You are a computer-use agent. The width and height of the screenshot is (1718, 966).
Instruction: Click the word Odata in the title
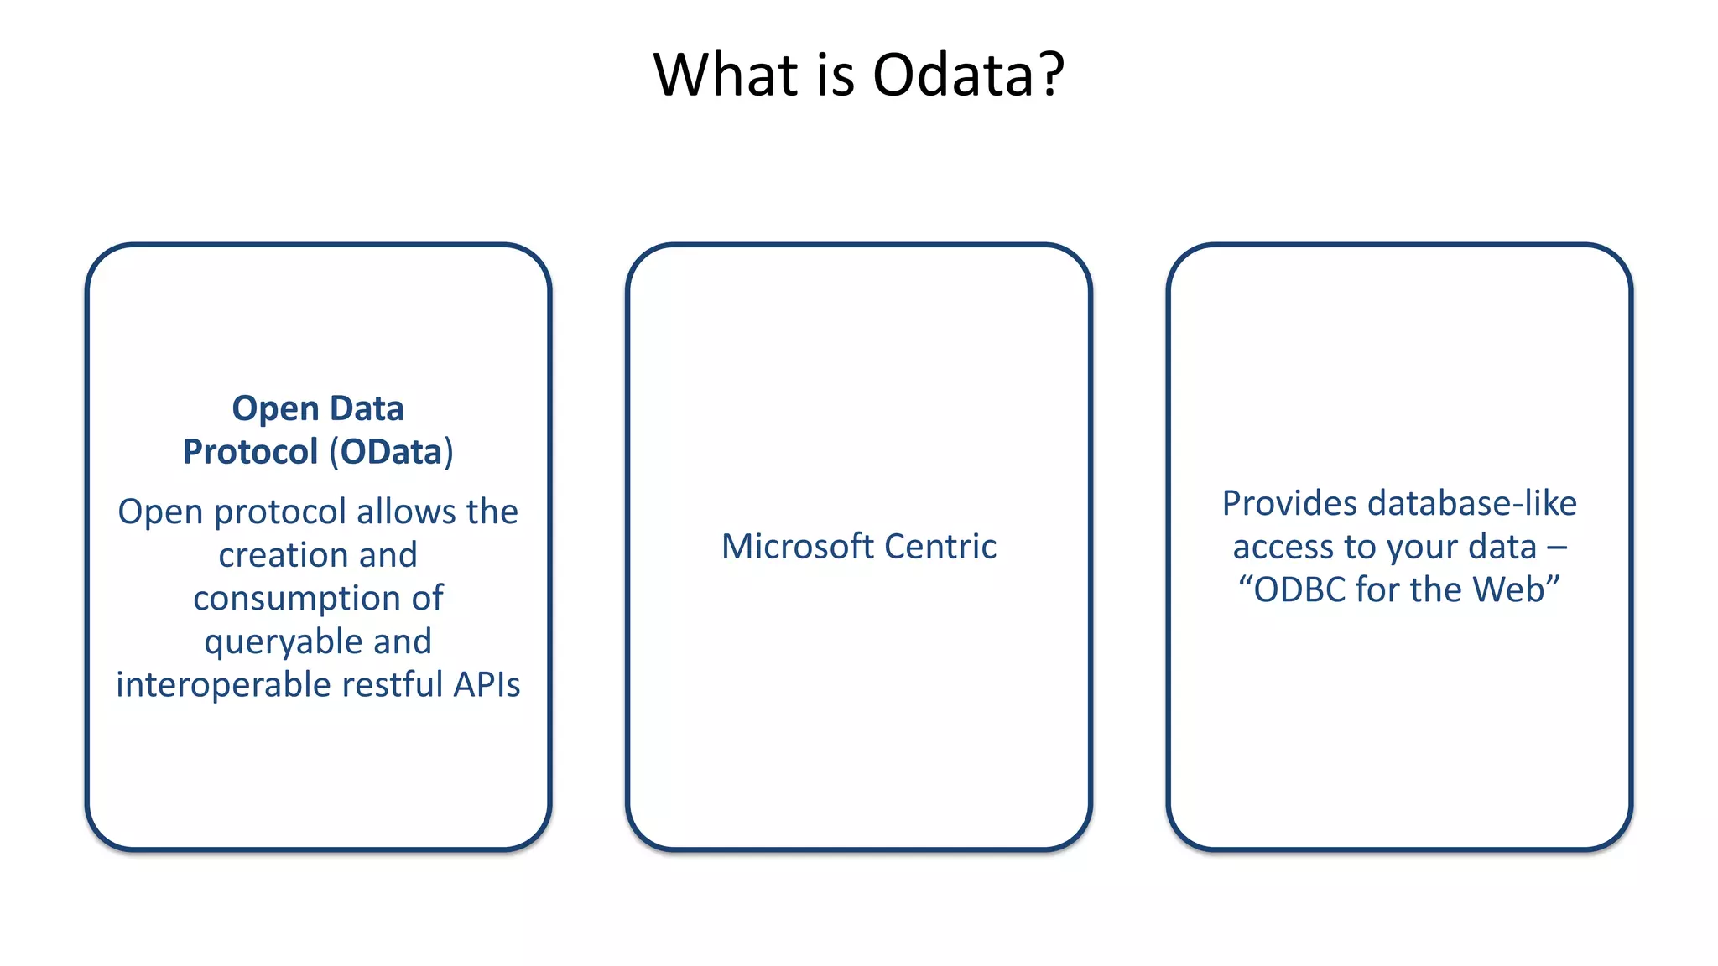(x=954, y=75)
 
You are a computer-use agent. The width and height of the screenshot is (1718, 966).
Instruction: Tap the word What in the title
(x=726, y=75)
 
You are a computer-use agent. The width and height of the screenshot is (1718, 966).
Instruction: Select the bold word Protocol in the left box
(x=250, y=452)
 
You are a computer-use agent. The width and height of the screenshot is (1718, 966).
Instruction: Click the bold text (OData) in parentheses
(x=391, y=452)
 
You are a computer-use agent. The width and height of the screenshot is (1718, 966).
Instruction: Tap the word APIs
(x=487, y=685)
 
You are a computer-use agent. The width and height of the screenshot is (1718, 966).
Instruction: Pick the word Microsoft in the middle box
(x=798, y=547)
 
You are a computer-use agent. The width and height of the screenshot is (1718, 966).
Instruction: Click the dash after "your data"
(x=1557, y=548)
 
